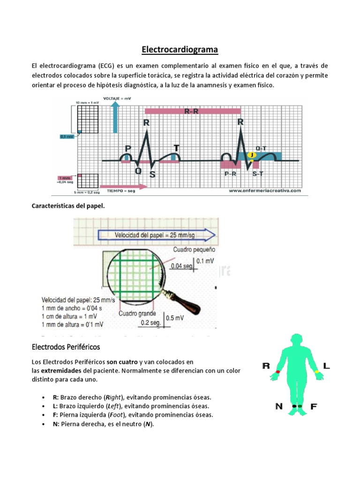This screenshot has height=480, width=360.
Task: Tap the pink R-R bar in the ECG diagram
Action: (x=193, y=112)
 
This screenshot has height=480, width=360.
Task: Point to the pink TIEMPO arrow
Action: (x=124, y=186)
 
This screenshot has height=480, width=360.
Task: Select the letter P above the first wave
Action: (x=127, y=149)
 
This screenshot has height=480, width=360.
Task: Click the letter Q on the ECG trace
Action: (x=138, y=172)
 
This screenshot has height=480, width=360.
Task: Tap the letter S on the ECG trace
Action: (x=152, y=174)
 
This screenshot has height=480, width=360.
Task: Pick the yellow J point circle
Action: (x=253, y=155)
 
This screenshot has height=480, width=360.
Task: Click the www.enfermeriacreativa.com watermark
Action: (x=264, y=191)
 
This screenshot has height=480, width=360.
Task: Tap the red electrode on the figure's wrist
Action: (x=278, y=371)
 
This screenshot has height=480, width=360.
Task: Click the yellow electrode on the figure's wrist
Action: (x=317, y=371)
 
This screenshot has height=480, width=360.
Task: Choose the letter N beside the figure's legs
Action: (x=279, y=406)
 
